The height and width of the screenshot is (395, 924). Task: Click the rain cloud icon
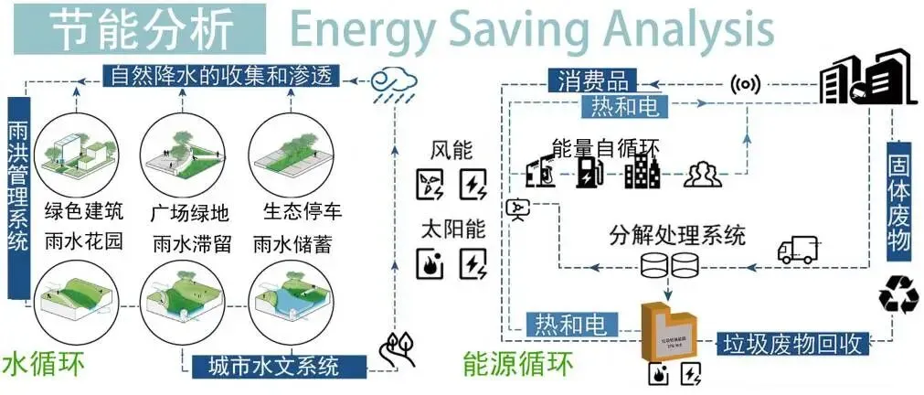pyautogui.click(x=394, y=84)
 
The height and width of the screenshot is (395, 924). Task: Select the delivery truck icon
pyautogui.click(x=797, y=249)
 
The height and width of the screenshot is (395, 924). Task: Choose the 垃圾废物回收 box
pyautogui.click(x=791, y=343)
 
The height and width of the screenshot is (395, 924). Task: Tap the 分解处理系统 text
pyautogui.click(x=676, y=234)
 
